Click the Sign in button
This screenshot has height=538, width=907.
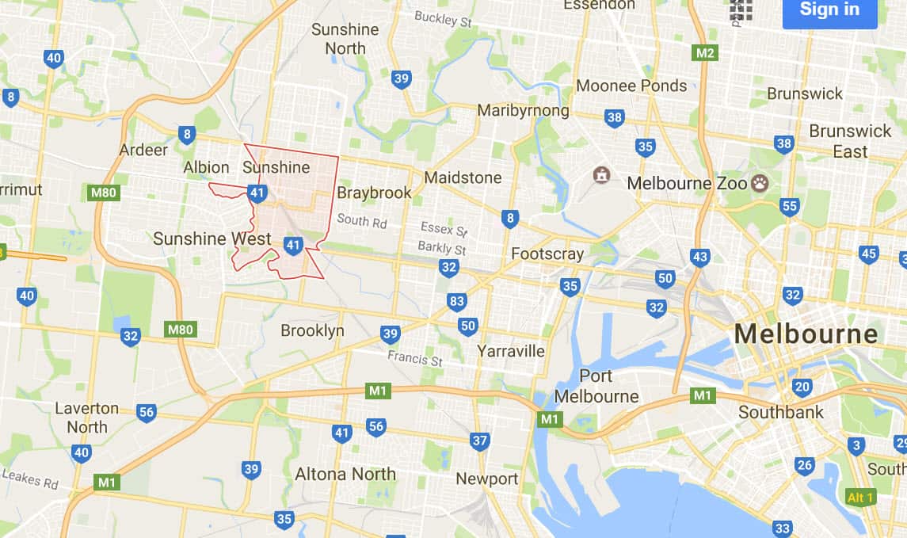coord(829,10)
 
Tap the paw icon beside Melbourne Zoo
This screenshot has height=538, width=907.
coord(760,183)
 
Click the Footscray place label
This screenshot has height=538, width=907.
coord(547,254)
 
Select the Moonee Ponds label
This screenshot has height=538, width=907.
coord(631,86)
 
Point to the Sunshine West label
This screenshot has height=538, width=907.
coord(212,238)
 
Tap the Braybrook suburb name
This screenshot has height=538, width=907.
coord(375,193)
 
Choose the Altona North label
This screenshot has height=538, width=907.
coord(345,474)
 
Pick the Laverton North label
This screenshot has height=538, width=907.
coord(87,418)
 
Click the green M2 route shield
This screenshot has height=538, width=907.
coord(704,53)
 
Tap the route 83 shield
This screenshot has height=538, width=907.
coord(456,301)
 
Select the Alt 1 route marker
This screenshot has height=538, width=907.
coord(860,498)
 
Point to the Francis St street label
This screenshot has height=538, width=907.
coord(415,358)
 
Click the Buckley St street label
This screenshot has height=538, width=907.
coord(443,19)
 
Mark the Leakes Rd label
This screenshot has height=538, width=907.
coord(29,478)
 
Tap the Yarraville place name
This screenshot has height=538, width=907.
coord(511,350)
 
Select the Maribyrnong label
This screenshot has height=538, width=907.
coord(523,110)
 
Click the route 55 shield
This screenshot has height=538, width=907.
coord(789,207)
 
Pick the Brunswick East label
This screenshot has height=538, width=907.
coord(850,141)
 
